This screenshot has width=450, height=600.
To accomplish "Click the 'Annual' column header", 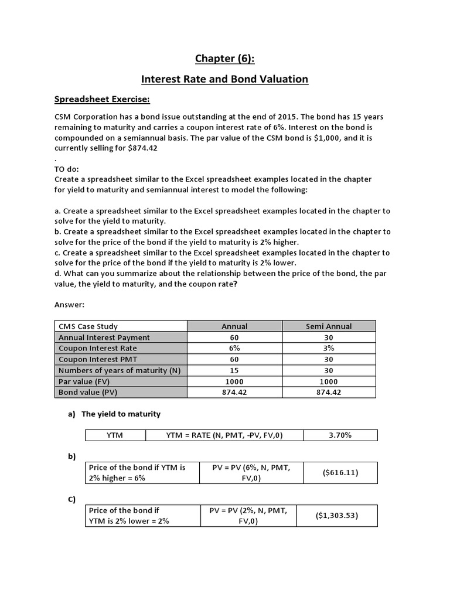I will (x=234, y=326).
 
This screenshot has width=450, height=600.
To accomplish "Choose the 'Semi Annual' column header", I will (x=329, y=326).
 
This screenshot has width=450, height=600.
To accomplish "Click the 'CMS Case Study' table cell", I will (x=88, y=326).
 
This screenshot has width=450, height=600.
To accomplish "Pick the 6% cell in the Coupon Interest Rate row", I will (x=234, y=348).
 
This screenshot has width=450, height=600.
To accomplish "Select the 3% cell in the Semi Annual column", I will (x=329, y=348).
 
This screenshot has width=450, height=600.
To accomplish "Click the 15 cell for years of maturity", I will (x=234, y=370).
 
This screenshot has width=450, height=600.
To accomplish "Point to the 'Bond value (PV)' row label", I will (x=87, y=392).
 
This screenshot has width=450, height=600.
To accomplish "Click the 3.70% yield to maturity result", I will (x=340, y=435).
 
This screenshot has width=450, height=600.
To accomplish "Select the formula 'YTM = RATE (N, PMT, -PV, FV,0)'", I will (x=224, y=435).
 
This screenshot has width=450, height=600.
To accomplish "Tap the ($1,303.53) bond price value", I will (x=337, y=516).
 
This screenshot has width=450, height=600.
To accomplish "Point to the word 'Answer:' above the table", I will (x=70, y=305).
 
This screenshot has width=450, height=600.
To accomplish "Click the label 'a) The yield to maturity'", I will (x=114, y=414).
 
